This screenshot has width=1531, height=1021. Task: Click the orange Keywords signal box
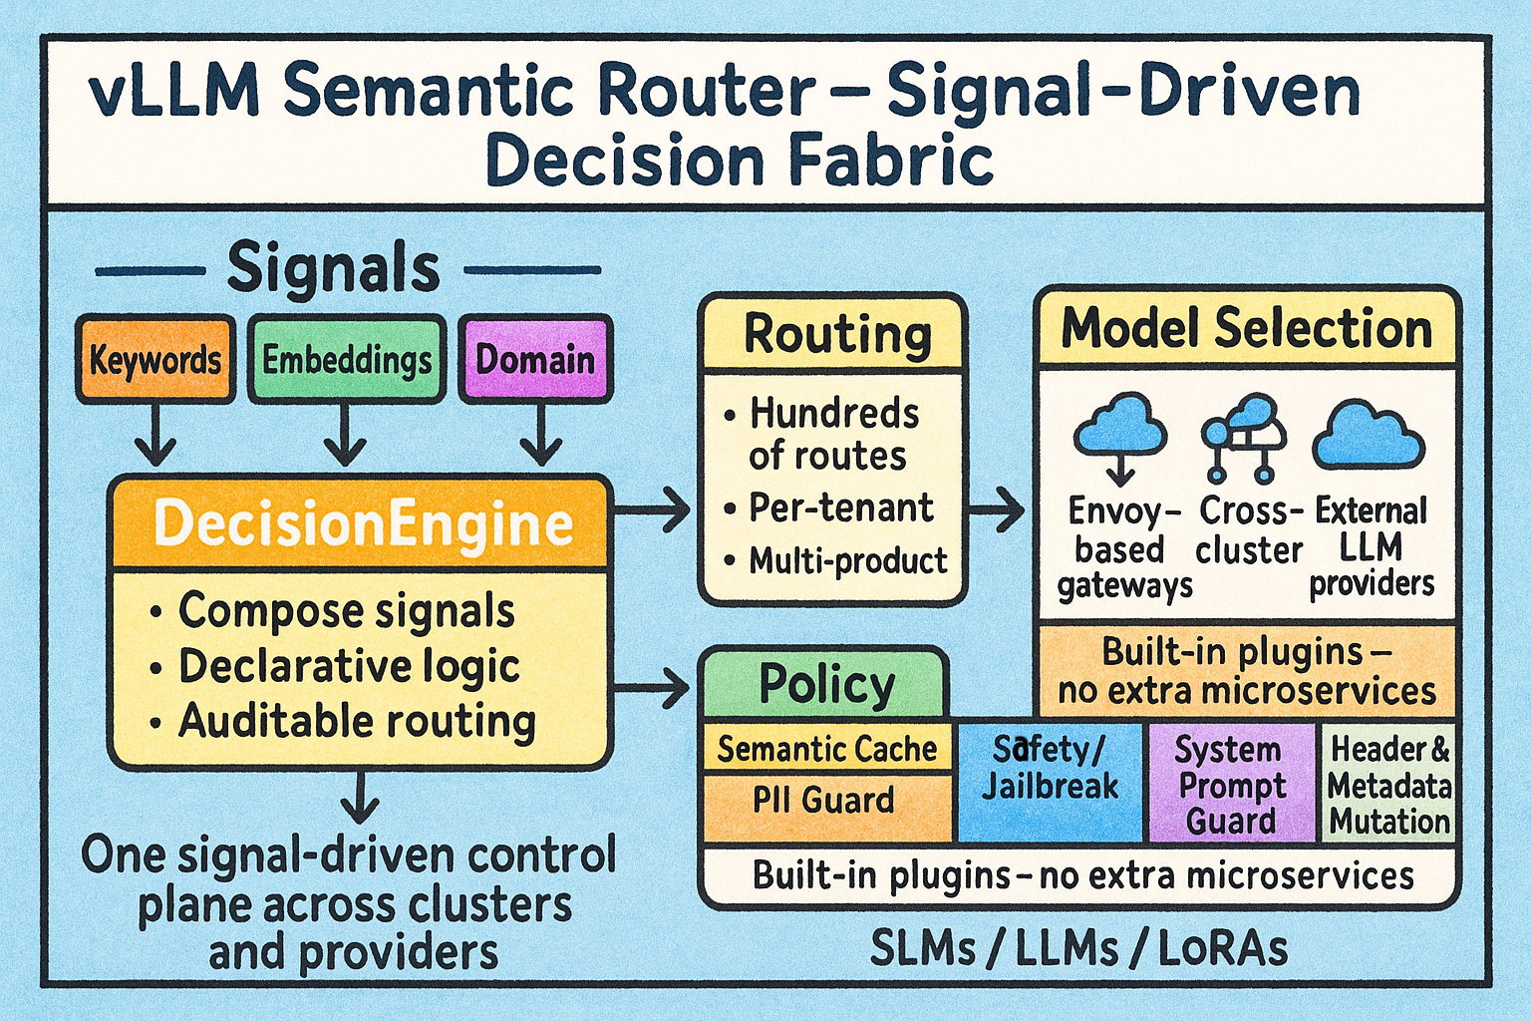[155, 359]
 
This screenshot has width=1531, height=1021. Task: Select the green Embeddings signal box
[346, 359]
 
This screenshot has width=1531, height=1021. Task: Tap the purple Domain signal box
[535, 359]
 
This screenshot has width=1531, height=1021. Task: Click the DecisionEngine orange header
[361, 523]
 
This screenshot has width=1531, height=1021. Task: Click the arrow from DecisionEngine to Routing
[654, 510]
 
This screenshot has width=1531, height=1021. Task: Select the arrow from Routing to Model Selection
[997, 510]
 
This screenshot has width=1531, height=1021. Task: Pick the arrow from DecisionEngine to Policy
[654, 686]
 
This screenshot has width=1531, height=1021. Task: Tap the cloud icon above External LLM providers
[1369, 436]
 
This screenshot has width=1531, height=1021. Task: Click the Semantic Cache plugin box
[827, 749]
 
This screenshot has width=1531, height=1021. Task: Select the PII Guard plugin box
[823, 801]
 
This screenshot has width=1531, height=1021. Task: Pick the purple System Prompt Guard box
[1231, 784]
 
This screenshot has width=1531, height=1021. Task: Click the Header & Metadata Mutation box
[1388, 784]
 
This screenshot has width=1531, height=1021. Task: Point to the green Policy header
[826, 684]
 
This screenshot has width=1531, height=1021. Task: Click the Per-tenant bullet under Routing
[841, 508]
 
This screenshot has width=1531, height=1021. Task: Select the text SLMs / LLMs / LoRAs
[1078, 948]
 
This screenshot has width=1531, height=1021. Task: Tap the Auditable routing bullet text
[357, 721]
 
